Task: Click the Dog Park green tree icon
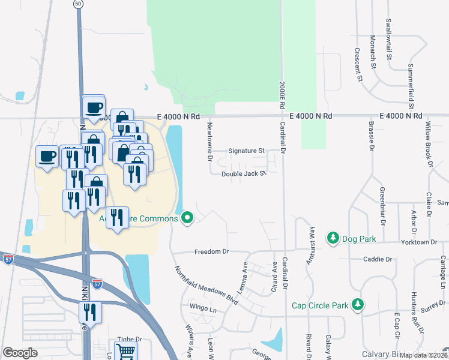click(333, 239)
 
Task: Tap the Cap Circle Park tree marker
click(358, 305)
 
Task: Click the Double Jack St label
click(243, 174)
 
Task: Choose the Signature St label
click(246, 151)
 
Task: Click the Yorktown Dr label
click(421, 242)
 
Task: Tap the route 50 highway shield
click(79, 4)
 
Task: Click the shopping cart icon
click(125, 351)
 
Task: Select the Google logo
click(20, 353)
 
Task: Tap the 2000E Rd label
click(280, 94)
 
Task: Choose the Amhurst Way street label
click(312, 243)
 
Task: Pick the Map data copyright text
click(423, 355)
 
